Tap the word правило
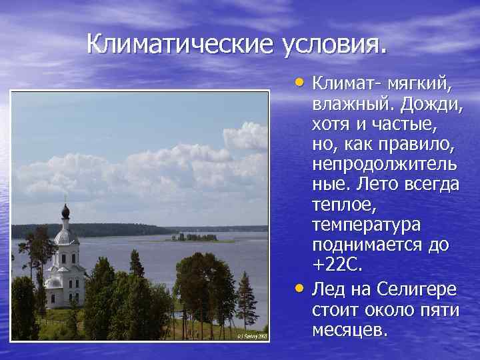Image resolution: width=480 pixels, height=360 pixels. click(x=420, y=145)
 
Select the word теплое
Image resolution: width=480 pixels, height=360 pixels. click(x=343, y=205)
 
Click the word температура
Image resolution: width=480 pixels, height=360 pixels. click(x=364, y=225)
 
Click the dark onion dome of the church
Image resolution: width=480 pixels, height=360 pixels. click(x=65, y=212)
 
